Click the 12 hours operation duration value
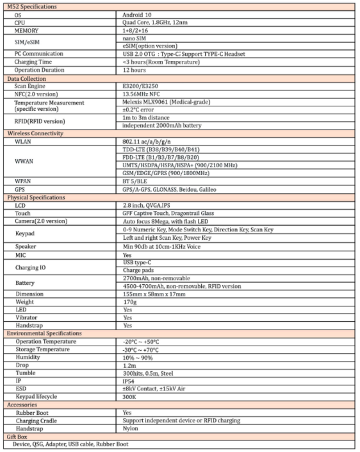tap(133, 69)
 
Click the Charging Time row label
tap(35, 62)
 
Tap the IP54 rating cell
tap(129, 381)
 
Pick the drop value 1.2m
tap(129, 365)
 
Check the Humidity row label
tap(28, 357)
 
